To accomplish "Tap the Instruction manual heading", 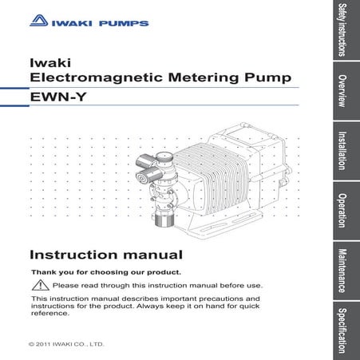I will coord(106,255).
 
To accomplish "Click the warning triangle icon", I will coord(38,285).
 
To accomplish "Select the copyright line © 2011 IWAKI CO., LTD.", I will coord(66,345).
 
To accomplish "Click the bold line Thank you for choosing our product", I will coord(105,272).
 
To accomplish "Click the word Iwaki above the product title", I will coord(46,61).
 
